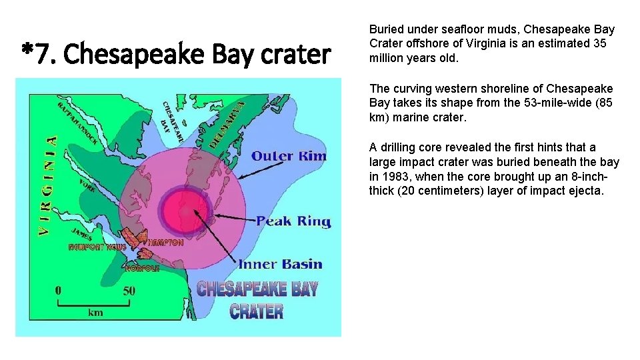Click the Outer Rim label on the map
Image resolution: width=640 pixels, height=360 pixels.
click(x=289, y=157)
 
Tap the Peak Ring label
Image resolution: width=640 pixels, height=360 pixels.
click(x=293, y=221)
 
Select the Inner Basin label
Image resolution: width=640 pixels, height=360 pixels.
click(x=280, y=264)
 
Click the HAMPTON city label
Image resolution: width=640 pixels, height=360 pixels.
click(x=165, y=243)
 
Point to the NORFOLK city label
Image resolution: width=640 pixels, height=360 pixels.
click(x=143, y=269)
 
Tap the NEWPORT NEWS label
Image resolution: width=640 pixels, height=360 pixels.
click(x=97, y=247)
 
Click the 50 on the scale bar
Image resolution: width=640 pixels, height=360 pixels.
click(x=129, y=291)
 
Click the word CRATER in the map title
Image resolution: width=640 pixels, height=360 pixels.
click(x=257, y=311)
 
